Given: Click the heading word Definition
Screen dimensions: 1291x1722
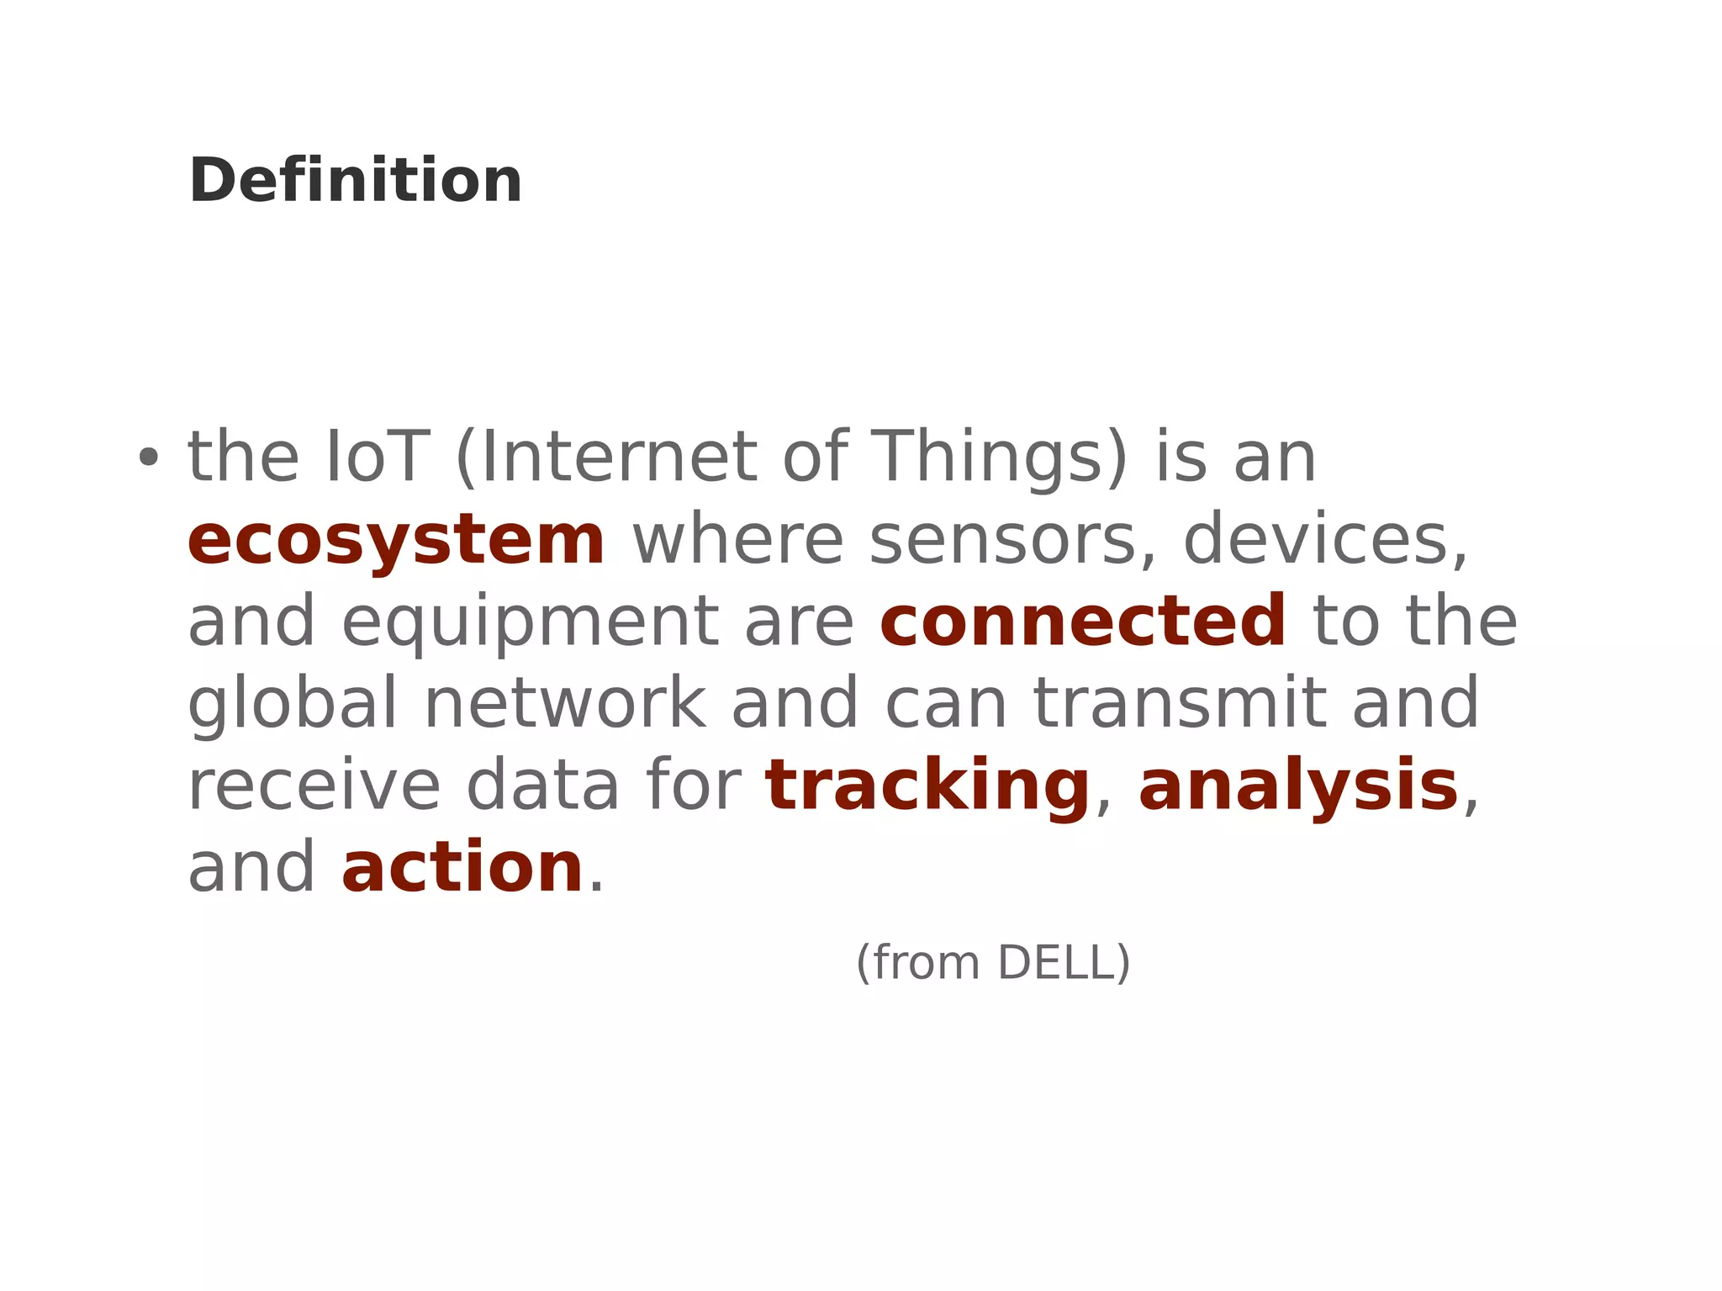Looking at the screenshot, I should pos(356,181).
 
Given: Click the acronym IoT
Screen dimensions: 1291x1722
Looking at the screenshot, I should pos(378,457).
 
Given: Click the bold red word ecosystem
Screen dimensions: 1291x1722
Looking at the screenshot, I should pos(396,540).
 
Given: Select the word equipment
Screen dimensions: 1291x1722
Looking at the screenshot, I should pos(531,622).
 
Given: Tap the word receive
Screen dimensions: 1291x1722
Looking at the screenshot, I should pos(314,786).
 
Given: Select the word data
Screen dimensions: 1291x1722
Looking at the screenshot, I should pos(542,786).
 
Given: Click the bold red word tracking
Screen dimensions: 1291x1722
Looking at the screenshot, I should pos(927,786).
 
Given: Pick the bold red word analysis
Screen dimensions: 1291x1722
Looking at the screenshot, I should pos(1298,786).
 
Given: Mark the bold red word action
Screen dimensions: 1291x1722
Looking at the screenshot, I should pos(462,868).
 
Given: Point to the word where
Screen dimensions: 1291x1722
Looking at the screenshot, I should pos(737,540).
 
